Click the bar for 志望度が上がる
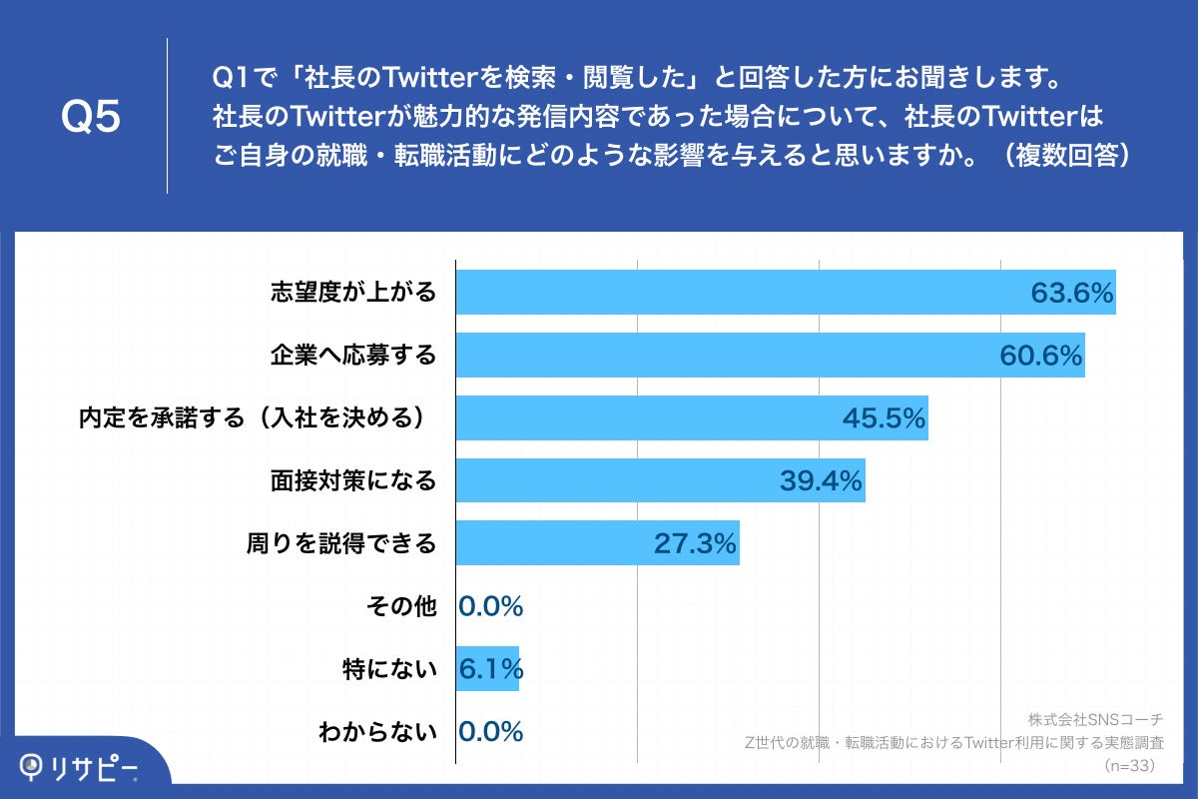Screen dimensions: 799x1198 (x=739, y=293)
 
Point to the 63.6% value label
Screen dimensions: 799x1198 (x=1071, y=294)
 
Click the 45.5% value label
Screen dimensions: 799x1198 (x=885, y=418)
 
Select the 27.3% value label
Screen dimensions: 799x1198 (x=695, y=544)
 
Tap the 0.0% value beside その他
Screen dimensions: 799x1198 (x=491, y=606)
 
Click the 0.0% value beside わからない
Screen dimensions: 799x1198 (x=491, y=732)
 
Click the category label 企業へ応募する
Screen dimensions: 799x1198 (x=353, y=356)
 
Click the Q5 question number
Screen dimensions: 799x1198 (x=91, y=117)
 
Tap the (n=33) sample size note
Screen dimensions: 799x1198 (x=1129, y=766)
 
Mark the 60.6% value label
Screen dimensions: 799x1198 (x=1040, y=356)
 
